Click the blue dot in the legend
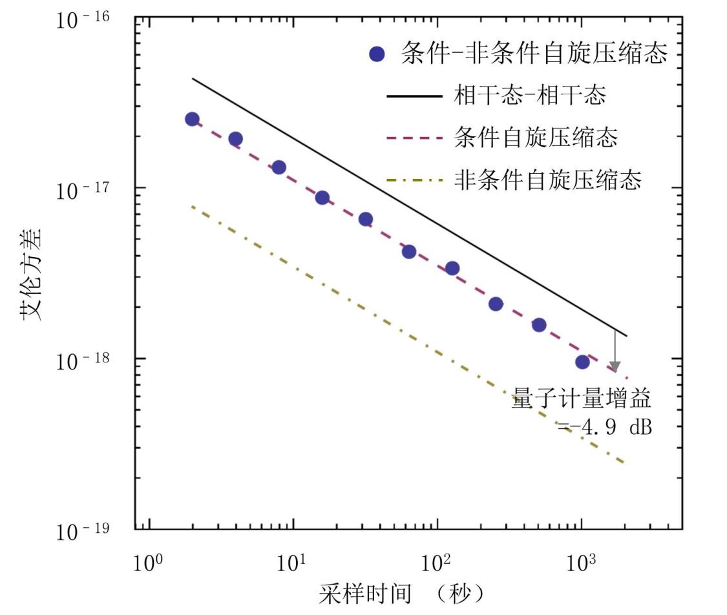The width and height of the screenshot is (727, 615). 377,54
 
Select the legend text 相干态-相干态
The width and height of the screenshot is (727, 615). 530,96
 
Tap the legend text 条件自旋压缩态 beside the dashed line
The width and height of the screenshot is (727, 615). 536,138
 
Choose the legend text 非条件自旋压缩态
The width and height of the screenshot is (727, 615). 547,180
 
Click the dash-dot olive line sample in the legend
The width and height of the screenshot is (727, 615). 414,180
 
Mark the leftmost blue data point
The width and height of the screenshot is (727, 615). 192,119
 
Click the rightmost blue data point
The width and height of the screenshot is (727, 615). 582,362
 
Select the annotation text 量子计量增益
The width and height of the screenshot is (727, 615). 581,399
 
